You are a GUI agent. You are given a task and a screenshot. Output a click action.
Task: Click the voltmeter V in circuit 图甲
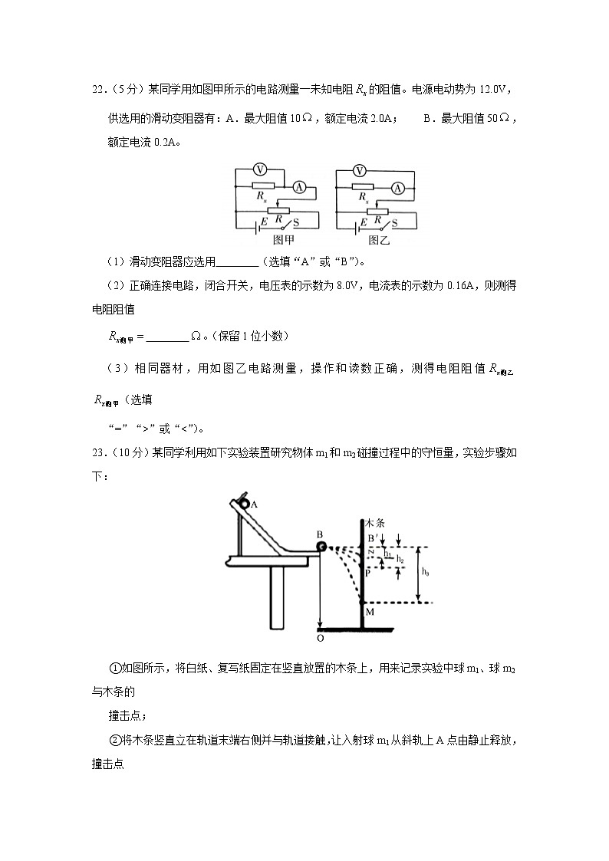coord(259,169)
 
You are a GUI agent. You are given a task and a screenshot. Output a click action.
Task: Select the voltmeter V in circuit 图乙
coord(359,169)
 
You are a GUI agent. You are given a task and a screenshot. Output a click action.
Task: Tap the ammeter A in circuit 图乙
coord(397,186)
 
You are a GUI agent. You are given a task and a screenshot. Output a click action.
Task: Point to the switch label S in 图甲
coord(297,222)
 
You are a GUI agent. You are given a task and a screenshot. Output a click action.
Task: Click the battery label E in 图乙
coord(363,221)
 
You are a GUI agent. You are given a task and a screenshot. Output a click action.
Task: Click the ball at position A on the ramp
coord(244,504)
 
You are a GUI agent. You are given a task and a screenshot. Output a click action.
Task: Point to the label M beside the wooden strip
coord(369,611)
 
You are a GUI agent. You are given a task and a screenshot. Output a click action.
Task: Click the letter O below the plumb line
coord(320,636)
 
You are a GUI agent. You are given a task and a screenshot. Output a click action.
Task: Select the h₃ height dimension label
coord(426,572)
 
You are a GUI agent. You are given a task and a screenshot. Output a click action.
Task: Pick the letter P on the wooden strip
coord(368,572)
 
